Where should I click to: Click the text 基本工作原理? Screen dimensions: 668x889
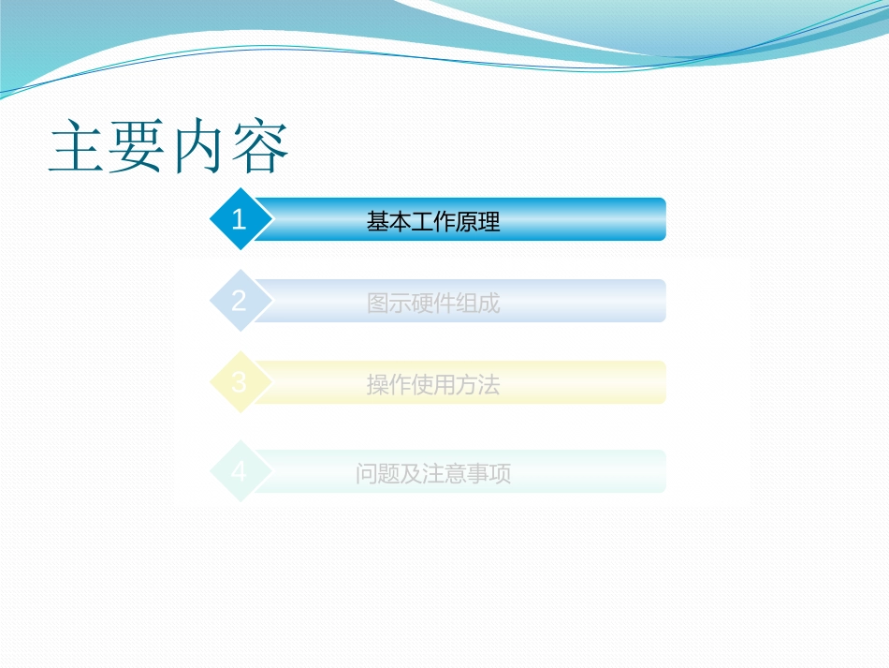(433, 222)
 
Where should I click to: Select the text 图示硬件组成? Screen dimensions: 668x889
(433, 304)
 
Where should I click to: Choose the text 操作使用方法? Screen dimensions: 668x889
(433, 385)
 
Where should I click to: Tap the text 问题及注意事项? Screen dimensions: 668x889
(433, 474)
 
